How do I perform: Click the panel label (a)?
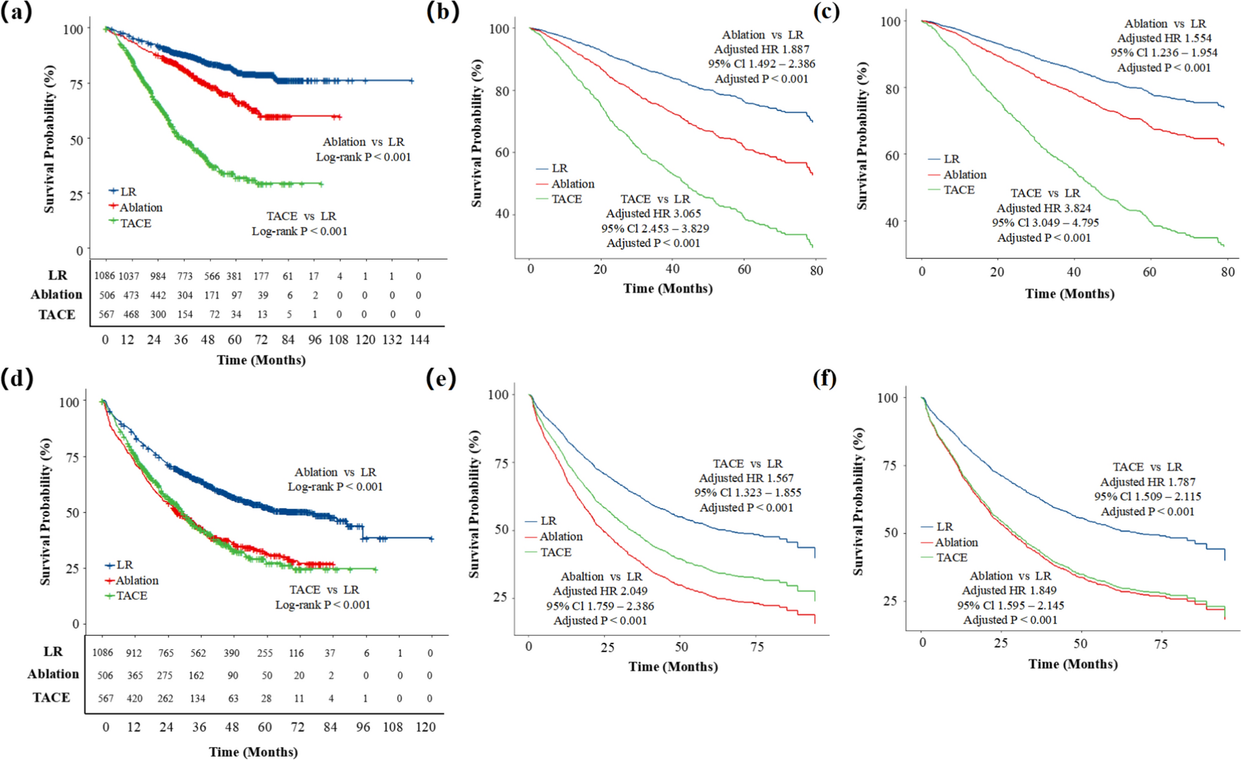(x=16, y=12)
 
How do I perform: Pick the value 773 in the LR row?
(x=184, y=276)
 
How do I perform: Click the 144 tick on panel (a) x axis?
(x=419, y=340)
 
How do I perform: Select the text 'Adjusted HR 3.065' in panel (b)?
(x=653, y=214)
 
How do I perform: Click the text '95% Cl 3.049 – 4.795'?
(x=1045, y=223)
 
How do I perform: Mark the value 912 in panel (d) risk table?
(x=134, y=653)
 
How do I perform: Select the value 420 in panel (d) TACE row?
(x=134, y=698)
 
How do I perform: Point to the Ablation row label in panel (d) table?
(x=53, y=674)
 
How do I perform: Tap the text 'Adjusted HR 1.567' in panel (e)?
(x=746, y=479)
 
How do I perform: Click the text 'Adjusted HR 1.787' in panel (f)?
(x=1148, y=482)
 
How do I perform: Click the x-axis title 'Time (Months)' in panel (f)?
(x=1072, y=664)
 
